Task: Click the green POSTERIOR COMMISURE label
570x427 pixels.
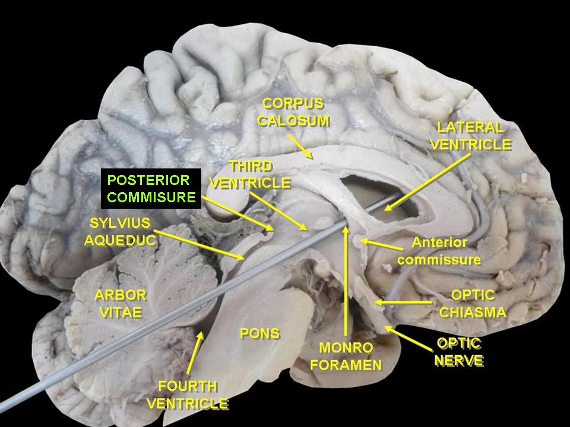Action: (151, 189)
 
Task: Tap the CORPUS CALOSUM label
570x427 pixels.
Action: (293, 112)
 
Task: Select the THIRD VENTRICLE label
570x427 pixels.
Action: (251, 174)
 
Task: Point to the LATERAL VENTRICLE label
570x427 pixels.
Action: (471, 136)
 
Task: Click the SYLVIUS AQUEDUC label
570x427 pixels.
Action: (120, 231)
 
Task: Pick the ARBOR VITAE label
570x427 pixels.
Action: (120, 304)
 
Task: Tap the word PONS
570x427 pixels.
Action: (260, 333)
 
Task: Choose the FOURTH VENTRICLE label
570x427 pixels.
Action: (188, 395)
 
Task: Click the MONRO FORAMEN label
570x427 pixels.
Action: (346, 356)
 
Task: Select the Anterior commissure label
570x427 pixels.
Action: (439, 251)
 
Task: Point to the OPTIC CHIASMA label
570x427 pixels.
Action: (473, 304)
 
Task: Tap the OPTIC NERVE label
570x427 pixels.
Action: (459, 352)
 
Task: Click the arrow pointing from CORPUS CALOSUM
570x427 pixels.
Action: (300, 146)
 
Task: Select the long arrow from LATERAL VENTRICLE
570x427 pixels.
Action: (427, 182)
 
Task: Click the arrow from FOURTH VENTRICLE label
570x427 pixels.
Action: (195, 352)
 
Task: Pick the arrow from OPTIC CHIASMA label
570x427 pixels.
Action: (404, 302)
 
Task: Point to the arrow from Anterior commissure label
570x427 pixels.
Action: (381, 244)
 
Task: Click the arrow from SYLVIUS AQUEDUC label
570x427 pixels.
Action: (199, 245)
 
